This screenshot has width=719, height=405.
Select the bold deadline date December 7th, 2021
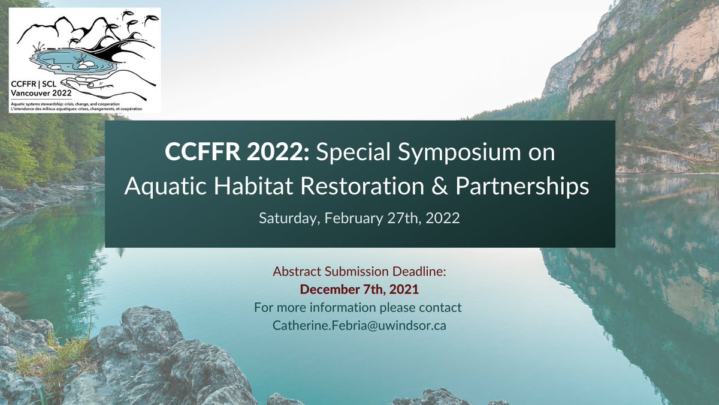coord(359,289)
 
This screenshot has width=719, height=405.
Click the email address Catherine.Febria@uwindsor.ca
coord(359,325)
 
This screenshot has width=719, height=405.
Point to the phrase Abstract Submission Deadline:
coord(359,271)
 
